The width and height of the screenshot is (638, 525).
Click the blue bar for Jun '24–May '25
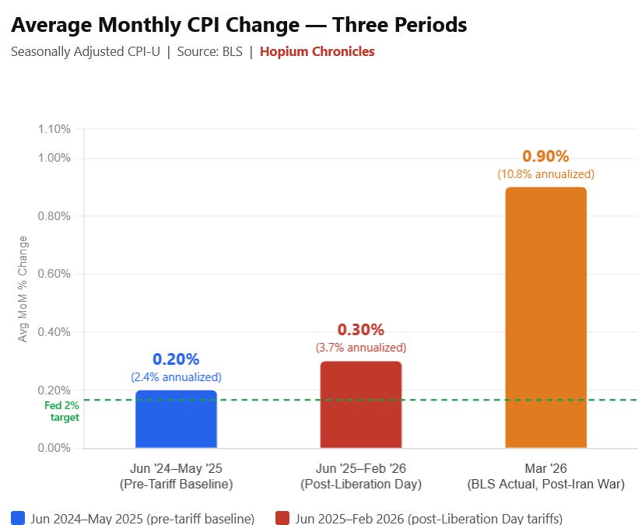click(176, 419)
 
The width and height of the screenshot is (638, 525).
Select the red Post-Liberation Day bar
click(361, 404)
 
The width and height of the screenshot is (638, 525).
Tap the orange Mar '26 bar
click(546, 317)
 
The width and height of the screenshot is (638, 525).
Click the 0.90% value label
click(545, 156)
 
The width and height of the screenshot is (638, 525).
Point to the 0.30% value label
click(361, 330)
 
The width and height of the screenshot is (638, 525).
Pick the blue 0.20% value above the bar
click(176, 359)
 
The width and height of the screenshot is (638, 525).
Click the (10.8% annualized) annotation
click(546, 174)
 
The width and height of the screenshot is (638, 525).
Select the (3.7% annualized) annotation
click(361, 348)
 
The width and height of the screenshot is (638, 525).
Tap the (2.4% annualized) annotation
click(176, 377)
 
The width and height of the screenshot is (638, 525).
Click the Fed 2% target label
click(61, 411)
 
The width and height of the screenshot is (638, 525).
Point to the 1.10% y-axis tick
click(54, 129)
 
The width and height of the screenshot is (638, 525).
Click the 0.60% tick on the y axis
click(54, 274)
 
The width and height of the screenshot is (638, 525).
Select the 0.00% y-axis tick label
click(54, 448)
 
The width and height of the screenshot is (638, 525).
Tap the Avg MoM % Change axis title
click(23, 289)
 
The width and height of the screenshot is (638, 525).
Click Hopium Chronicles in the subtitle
click(317, 51)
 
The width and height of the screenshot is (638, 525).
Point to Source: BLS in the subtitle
click(209, 51)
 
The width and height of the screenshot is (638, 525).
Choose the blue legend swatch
click(18, 518)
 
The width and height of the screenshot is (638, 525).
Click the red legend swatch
click(282, 518)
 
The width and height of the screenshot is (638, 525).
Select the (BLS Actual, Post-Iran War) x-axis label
click(546, 485)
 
